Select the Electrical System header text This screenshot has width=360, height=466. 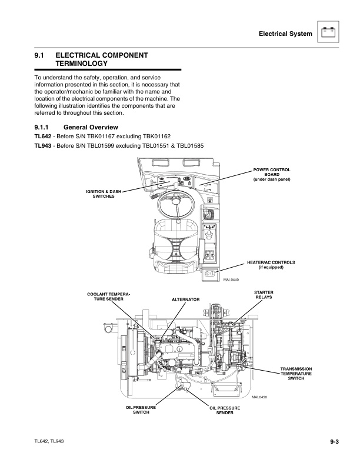click(285, 34)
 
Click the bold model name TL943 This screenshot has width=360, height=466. click(45, 146)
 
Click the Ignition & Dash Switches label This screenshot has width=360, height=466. click(104, 194)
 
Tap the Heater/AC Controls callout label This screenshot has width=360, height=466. click(271, 264)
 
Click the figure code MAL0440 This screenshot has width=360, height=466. click(232, 279)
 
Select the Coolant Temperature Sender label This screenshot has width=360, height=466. click(108, 297)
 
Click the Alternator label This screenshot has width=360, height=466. click(186, 299)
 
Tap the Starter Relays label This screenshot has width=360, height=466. click(264, 294)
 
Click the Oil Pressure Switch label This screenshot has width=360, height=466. click(138, 409)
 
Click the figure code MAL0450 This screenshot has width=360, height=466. click(260, 397)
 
